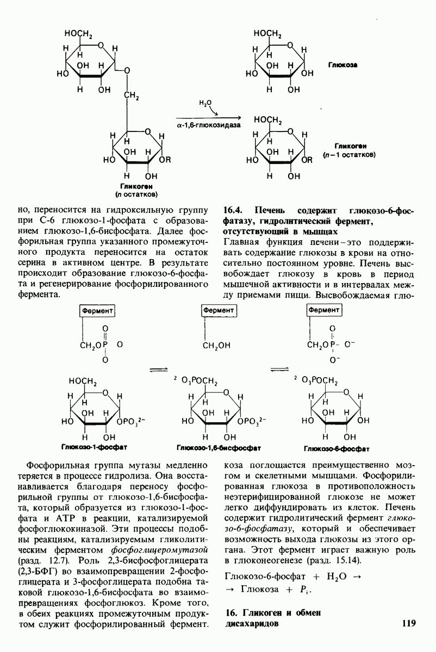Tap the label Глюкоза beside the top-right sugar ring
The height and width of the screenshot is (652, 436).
(342, 65)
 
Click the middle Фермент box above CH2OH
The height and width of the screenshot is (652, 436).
(219, 309)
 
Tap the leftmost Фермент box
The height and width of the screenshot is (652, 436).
(98, 309)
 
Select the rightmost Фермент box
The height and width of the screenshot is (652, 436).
(324, 309)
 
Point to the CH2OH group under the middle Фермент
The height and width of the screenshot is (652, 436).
(217, 345)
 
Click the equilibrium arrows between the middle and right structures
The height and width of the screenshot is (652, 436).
(278, 369)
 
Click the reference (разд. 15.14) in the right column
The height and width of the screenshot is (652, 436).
(331, 560)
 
